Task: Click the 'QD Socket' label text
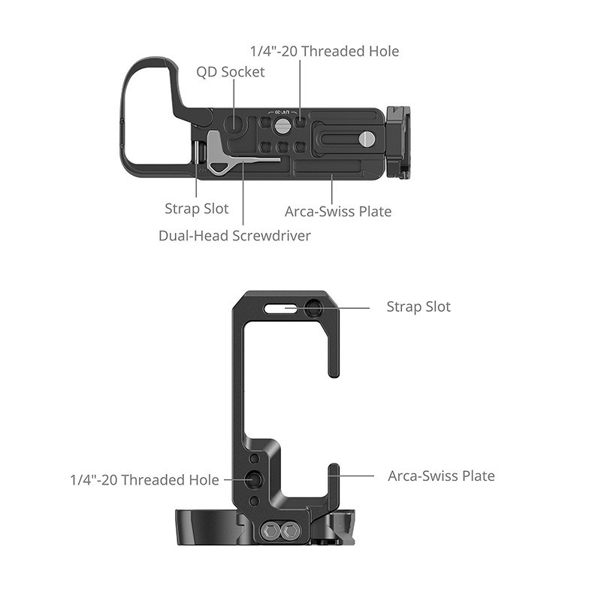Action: click(x=231, y=73)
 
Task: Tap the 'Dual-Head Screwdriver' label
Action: click(x=234, y=235)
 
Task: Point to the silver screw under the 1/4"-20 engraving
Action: click(x=282, y=122)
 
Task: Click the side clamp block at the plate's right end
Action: click(x=399, y=142)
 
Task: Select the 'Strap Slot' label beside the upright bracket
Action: click(x=418, y=307)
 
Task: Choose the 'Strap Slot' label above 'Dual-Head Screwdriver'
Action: click(x=197, y=209)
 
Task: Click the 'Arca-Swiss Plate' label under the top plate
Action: click(x=338, y=211)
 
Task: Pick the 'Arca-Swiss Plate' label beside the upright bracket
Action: click(x=441, y=476)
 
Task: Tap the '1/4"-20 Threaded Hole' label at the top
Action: click(x=324, y=51)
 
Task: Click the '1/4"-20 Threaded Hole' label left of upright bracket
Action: click(x=144, y=479)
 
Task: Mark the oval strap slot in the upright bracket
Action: click(x=276, y=307)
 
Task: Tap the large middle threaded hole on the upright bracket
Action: click(x=255, y=479)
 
